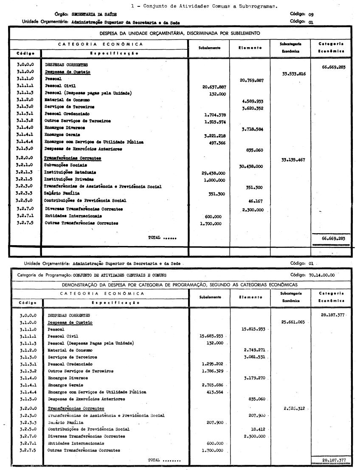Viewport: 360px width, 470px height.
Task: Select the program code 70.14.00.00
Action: tap(322, 275)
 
